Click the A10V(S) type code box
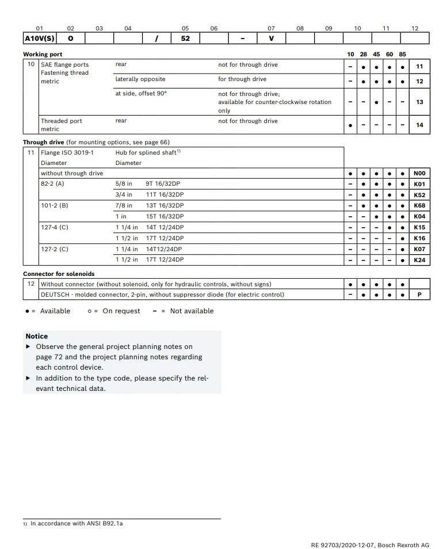(x=39, y=39)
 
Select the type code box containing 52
(x=185, y=39)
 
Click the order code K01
(x=419, y=184)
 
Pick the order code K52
(x=419, y=195)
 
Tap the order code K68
(x=419, y=205)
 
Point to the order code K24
(x=419, y=260)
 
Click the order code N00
(x=419, y=173)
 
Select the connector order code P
(x=419, y=294)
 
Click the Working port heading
(x=43, y=54)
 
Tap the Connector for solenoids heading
(x=59, y=274)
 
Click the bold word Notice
(x=37, y=336)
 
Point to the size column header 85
(x=402, y=54)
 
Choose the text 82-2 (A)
(x=52, y=184)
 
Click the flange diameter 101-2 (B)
(x=54, y=205)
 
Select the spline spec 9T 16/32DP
(x=165, y=184)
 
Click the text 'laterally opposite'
(x=140, y=79)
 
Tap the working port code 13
(x=419, y=102)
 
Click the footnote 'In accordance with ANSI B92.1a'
(x=77, y=524)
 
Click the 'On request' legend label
(x=121, y=311)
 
